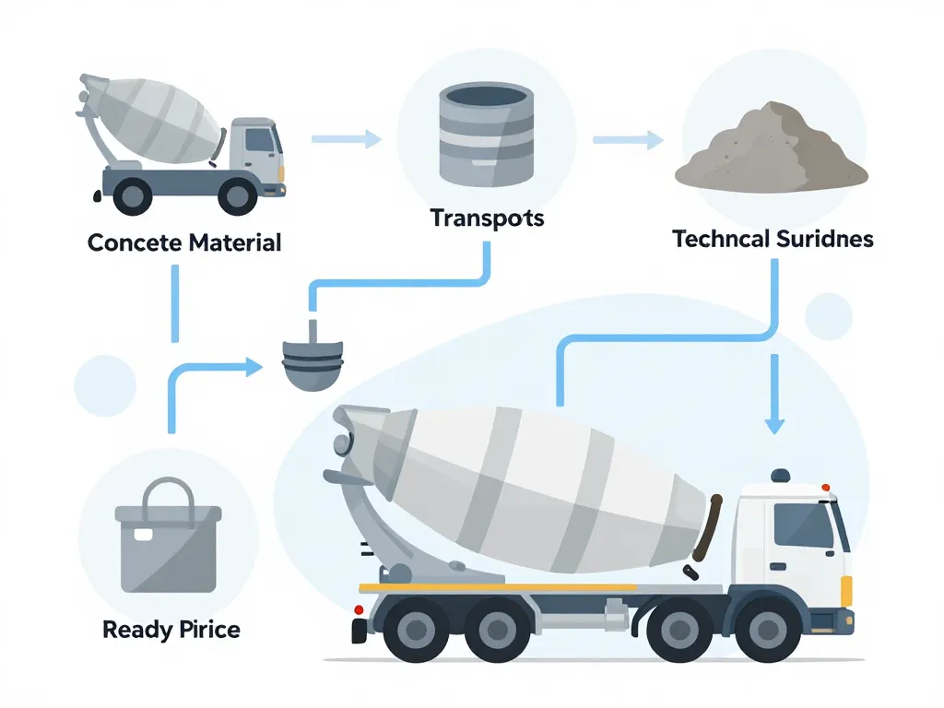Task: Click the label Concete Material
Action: pos(184,243)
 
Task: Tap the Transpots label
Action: pos(487,219)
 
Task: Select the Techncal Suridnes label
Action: pos(773,240)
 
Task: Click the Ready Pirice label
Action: pos(171,631)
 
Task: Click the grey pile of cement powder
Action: pos(771,147)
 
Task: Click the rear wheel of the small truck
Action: pos(133,195)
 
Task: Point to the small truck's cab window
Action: pos(259,139)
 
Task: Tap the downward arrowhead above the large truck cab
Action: pos(774,424)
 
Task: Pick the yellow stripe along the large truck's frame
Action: pos(498,587)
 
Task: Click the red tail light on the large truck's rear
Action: pos(359,609)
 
